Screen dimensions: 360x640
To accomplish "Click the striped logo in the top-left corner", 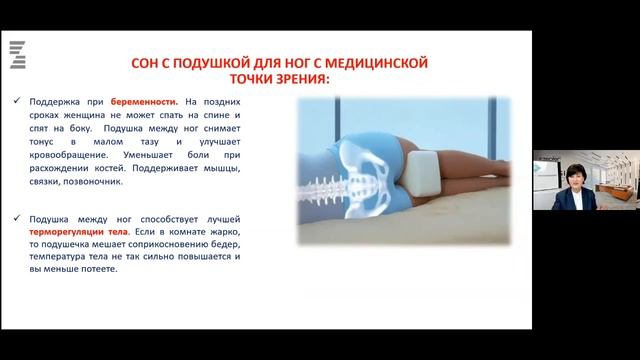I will (x=16, y=54).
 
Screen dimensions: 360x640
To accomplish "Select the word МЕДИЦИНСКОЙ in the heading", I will (x=381, y=63).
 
